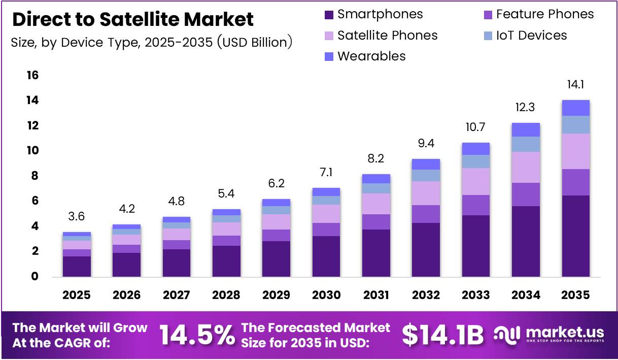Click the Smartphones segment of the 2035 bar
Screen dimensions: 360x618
tap(575, 236)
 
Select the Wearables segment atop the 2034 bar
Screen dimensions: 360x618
tap(526, 130)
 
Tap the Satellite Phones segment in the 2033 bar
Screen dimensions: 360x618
tap(476, 181)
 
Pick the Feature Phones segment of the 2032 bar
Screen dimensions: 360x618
tap(426, 214)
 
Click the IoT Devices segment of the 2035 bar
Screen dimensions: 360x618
tap(575, 125)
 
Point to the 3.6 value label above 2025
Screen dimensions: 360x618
tap(77, 217)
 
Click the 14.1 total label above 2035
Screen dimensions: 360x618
tap(575, 84)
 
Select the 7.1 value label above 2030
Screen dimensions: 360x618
tap(326, 173)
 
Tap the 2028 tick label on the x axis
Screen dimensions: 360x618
tap(226, 295)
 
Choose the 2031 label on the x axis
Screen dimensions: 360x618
tap(376, 295)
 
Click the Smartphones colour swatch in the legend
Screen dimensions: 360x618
tap(329, 15)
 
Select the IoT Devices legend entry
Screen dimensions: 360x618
tap(531, 36)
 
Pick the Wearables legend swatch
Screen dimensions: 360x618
tap(329, 56)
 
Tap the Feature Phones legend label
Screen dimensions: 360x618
tap(544, 14)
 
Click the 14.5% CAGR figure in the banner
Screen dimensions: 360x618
tap(197, 335)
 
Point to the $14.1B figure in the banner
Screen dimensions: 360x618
tap(442, 335)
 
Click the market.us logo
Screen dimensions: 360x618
tap(550, 334)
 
